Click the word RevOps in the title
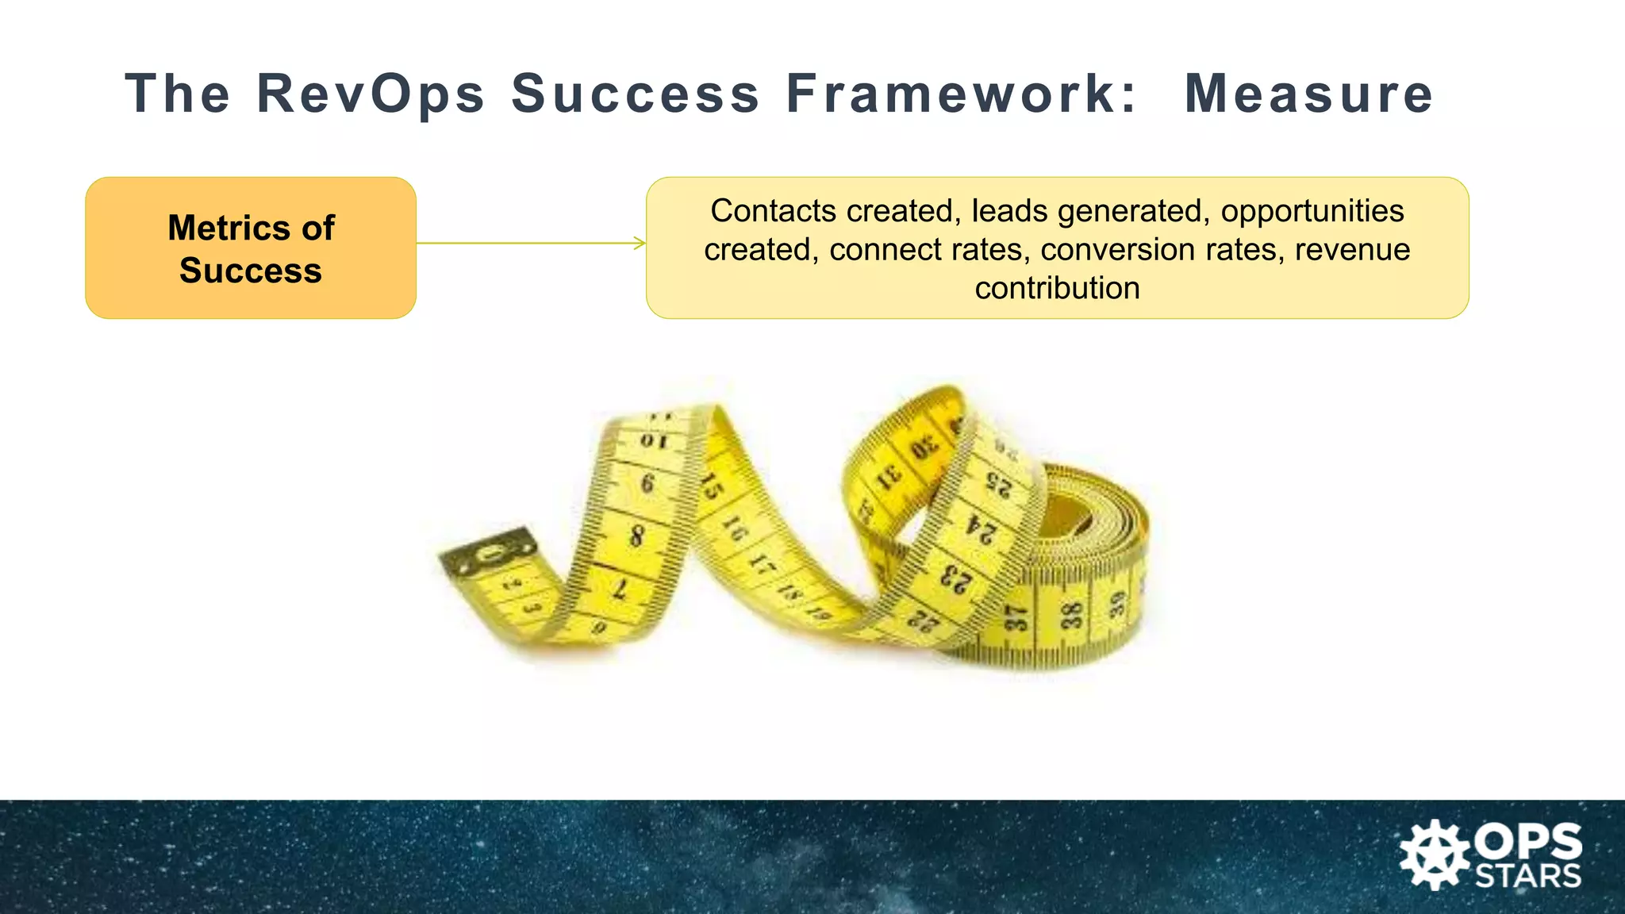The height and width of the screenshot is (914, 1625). [371, 94]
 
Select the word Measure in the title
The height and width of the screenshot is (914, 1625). [1308, 94]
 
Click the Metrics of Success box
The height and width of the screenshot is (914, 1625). [251, 248]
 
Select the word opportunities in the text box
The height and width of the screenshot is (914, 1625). [1312, 211]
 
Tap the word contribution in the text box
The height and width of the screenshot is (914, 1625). [1057, 288]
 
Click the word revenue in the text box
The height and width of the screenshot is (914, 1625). [1352, 250]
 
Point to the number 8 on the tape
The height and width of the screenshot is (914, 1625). [636, 536]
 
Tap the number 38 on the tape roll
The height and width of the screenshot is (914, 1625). [1072, 616]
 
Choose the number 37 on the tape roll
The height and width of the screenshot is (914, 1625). [1016, 618]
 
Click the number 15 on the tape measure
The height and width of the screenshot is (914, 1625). [712, 486]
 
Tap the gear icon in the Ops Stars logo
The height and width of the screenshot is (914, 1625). [1434, 855]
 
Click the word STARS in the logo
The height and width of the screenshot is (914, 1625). [1527, 877]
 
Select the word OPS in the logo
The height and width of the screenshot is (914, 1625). [1527, 842]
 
